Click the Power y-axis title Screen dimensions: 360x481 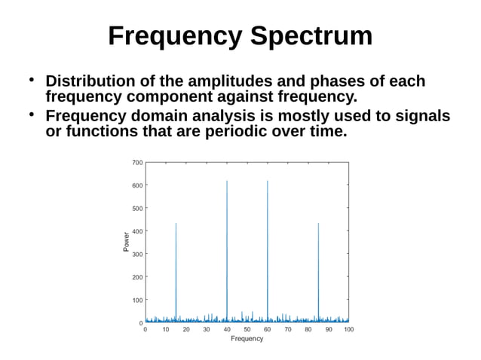pyautogui.click(x=126, y=242)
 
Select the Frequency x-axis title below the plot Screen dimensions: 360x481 pyautogui.click(x=247, y=339)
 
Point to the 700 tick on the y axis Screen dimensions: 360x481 pyautogui.click(x=136, y=162)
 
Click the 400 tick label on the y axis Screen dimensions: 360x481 pyautogui.click(x=136, y=231)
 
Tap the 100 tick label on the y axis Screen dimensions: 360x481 pyautogui.click(x=136, y=301)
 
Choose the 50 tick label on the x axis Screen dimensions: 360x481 pyautogui.click(x=247, y=330)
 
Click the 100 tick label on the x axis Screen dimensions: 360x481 pyautogui.click(x=348, y=330)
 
